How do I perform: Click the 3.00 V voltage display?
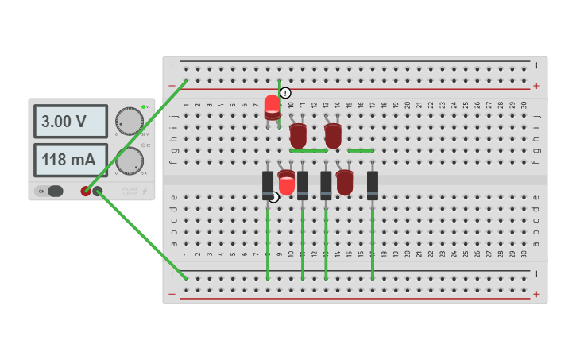pyautogui.click(x=70, y=122)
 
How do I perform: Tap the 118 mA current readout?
pyautogui.click(x=70, y=160)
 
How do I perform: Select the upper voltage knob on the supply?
pyautogui.click(x=129, y=122)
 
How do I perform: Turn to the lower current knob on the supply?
pyautogui.click(x=130, y=161)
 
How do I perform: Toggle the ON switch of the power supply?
pyautogui.click(x=49, y=191)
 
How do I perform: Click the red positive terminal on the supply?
pyautogui.click(x=86, y=191)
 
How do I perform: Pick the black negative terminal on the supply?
pyautogui.click(x=98, y=191)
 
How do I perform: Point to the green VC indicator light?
pyautogui.click(x=143, y=106)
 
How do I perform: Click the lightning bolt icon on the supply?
pyautogui.click(x=144, y=191)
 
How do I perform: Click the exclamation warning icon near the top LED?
pyautogui.click(x=285, y=93)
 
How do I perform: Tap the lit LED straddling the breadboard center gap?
pyautogui.click(x=286, y=184)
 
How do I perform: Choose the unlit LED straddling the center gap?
pyautogui.click(x=344, y=182)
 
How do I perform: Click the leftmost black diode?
pyautogui.click(x=268, y=184)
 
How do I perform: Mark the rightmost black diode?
pyautogui.click(x=372, y=184)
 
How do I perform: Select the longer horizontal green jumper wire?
pyautogui.click(x=308, y=150)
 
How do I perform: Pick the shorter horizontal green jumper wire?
pyautogui.click(x=361, y=150)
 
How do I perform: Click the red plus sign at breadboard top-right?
pyautogui.click(x=536, y=86)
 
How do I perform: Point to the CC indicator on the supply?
pyautogui.click(x=143, y=145)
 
